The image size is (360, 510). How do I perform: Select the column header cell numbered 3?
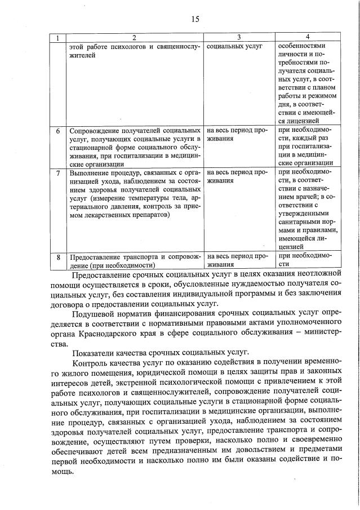tap(239, 37)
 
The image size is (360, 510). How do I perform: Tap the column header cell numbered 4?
tap(307, 37)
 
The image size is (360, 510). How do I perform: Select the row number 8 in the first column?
tap(58, 257)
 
